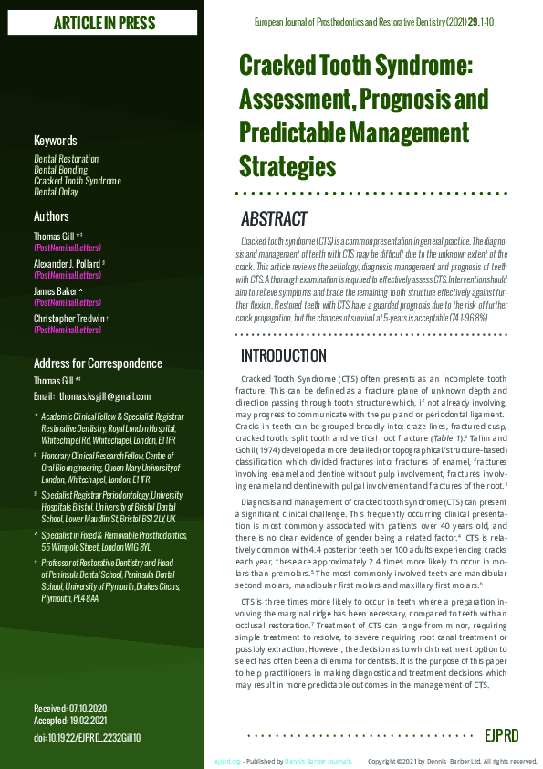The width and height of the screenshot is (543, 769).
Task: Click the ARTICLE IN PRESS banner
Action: [105, 22]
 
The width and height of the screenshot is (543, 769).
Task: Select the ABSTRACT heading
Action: [274, 220]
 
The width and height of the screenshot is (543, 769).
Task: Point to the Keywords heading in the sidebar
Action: [55, 141]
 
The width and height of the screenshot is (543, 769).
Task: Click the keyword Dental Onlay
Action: [56, 193]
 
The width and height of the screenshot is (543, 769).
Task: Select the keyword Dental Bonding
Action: [60, 170]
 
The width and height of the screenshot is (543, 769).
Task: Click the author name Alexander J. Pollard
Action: [70, 263]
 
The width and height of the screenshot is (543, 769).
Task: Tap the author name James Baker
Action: [59, 290]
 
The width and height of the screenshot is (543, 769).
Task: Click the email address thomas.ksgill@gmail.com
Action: [104, 397]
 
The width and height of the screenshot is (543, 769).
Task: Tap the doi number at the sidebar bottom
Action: [88, 737]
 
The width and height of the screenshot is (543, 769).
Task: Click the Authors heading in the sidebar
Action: [51, 216]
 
